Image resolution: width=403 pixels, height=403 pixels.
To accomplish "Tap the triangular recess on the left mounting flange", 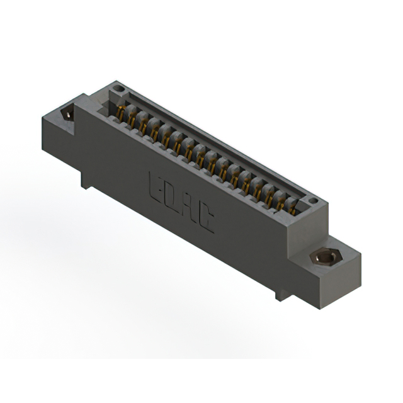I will pos(68,113).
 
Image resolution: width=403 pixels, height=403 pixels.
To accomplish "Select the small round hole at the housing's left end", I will pos(115,89).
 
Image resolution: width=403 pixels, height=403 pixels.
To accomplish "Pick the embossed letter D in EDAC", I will pos(174,197).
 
